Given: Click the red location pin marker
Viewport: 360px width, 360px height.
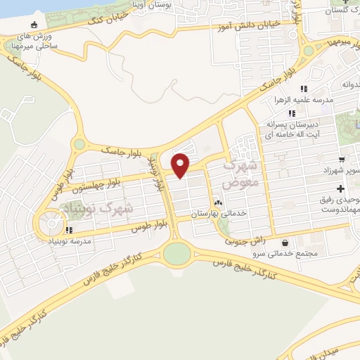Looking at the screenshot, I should point(181,165).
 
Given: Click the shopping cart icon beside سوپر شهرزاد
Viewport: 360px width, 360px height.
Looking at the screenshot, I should point(342,160).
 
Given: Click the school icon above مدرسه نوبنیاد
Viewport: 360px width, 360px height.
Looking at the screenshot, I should point(69,230).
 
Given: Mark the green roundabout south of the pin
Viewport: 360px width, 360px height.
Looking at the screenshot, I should point(177,255).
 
